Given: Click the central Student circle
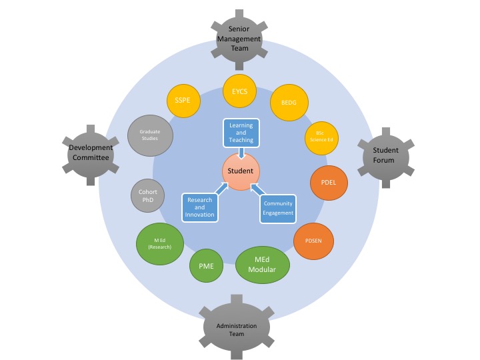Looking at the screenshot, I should pyautogui.click(x=240, y=171).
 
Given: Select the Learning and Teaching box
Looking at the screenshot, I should pyautogui.click(x=241, y=131).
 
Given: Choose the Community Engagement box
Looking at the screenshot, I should pyautogui.click(x=278, y=208).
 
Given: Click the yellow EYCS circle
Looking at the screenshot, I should pyautogui.click(x=239, y=92).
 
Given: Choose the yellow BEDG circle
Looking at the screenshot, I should pyautogui.click(x=288, y=105).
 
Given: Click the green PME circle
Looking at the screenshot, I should pyautogui.click(x=207, y=265).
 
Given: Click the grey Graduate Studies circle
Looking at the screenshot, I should pyautogui.click(x=149, y=136).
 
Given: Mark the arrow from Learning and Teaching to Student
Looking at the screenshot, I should pyautogui.click(x=241, y=153).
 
